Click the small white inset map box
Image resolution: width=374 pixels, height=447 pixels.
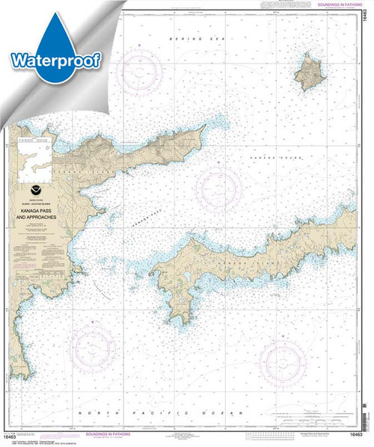38,158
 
